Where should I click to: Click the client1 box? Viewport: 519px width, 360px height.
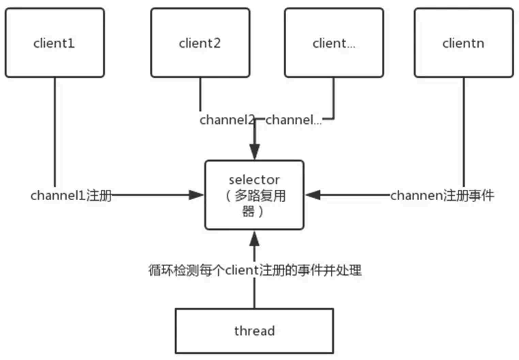click(54, 42)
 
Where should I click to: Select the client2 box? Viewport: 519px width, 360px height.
click(200, 42)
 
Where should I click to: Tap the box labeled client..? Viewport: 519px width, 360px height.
click(334, 42)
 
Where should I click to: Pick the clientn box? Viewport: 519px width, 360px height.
click(463, 42)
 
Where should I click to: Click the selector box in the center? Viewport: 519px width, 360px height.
click(254, 195)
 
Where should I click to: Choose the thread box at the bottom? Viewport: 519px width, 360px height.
click(254, 331)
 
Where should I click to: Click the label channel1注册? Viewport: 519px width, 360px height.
click(71, 195)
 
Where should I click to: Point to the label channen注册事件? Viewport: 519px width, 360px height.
click(441, 195)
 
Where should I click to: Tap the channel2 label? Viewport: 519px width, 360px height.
click(227, 120)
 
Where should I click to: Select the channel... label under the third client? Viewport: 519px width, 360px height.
click(293, 120)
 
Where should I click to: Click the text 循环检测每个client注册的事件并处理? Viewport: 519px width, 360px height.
click(254, 270)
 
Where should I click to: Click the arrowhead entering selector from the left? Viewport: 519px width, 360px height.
click(198, 195)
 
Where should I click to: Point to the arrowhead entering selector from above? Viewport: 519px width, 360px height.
click(254, 154)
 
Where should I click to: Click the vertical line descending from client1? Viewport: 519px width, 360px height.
click(54, 129)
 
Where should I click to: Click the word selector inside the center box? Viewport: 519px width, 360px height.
click(254, 180)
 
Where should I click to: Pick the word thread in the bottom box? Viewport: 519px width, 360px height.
click(254, 331)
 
